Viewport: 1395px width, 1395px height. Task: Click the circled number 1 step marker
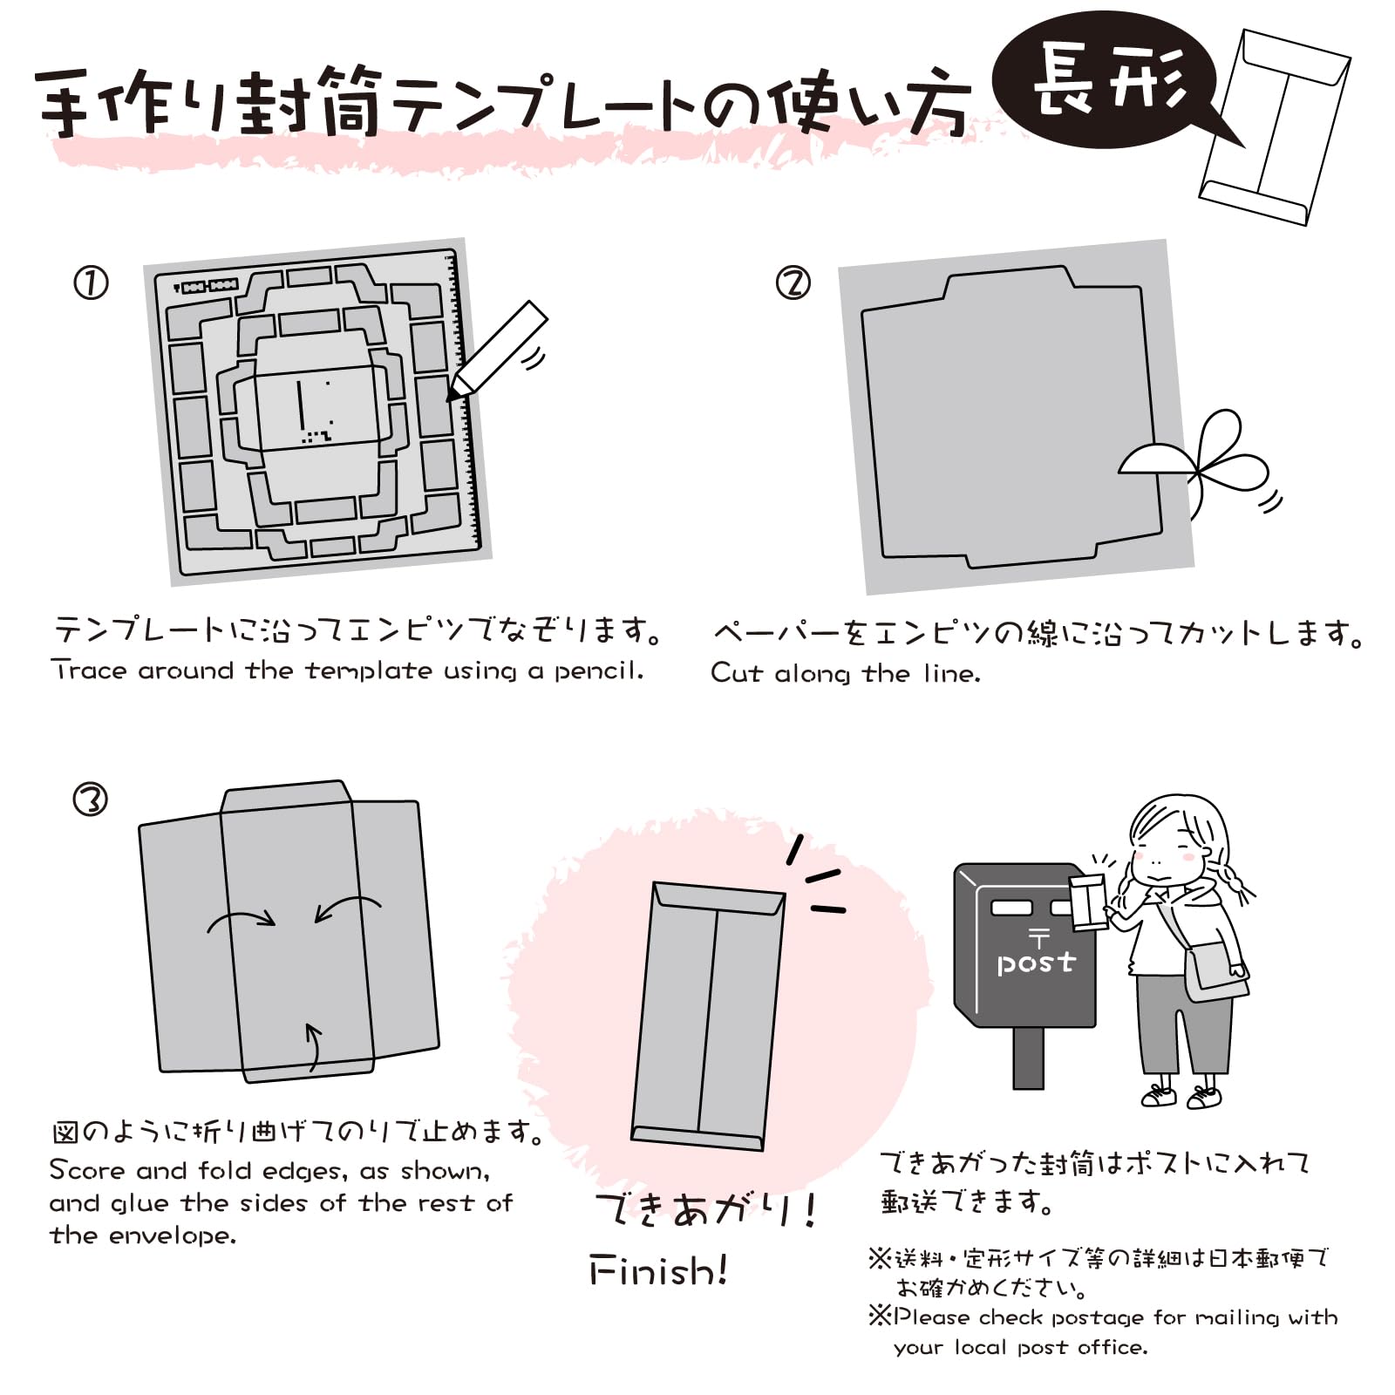pyautogui.click(x=91, y=283)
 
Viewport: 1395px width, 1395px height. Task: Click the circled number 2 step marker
pyautogui.click(x=793, y=283)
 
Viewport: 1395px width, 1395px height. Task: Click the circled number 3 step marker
pyautogui.click(x=91, y=799)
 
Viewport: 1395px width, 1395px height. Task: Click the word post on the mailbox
pyautogui.click(x=1036, y=963)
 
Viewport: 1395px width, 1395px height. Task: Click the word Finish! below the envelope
pyautogui.click(x=658, y=1271)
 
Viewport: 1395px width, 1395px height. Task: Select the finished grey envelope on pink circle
pyautogui.click(x=708, y=1016)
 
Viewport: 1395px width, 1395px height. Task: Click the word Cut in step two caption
pyautogui.click(x=737, y=673)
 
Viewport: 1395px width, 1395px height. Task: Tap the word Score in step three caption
pyautogui.click(x=87, y=1169)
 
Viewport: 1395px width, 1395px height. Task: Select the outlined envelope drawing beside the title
pyautogui.click(x=1276, y=126)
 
